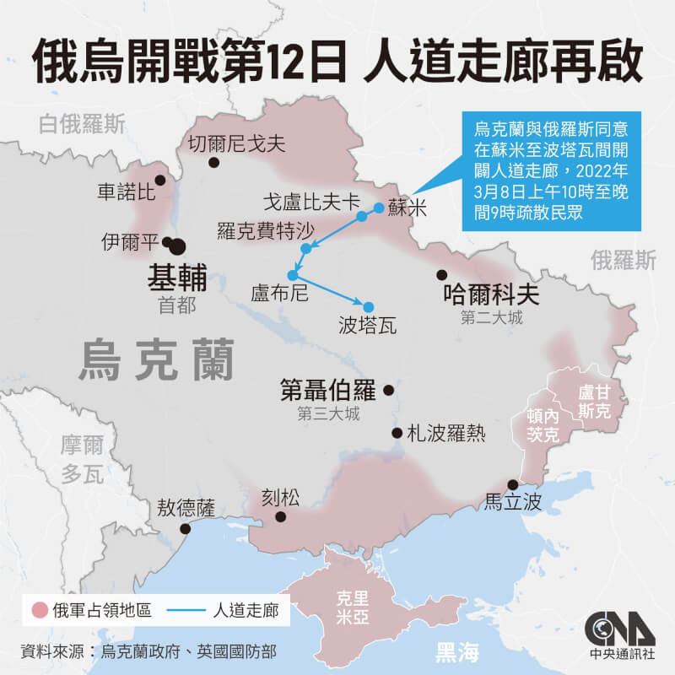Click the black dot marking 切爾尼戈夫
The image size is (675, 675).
[214, 163]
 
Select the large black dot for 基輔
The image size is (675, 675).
[178, 246]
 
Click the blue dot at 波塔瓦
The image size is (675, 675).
[368, 306]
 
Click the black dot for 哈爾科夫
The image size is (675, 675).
[441, 274]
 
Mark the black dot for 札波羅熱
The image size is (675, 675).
[397, 433]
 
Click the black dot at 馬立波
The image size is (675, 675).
[512, 484]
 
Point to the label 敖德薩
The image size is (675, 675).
[186, 508]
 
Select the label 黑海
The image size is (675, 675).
[456, 651]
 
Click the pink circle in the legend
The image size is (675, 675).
[36, 609]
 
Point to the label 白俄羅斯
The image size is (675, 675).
[83, 126]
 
